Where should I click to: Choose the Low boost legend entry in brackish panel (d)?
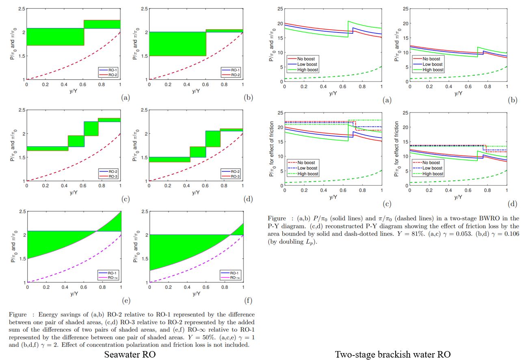tap(432, 168)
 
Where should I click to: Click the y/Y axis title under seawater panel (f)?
tap(196, 293)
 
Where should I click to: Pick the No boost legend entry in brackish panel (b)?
tap(431, 59)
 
